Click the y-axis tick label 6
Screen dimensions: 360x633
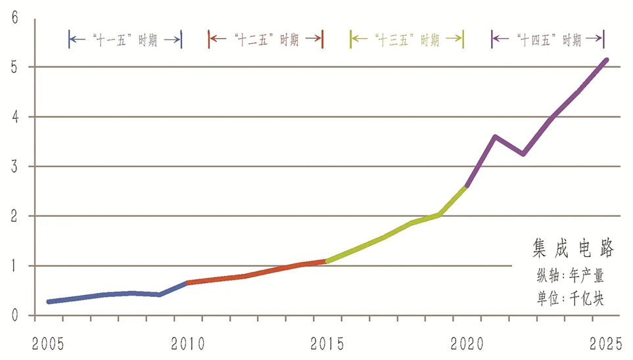(x=14, y=17)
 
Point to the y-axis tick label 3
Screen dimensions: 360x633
(x=14, y=166)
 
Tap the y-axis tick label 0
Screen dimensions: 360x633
(x=14, y=316)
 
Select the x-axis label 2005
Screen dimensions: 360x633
(x=48, y=344)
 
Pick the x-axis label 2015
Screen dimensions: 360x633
(x=327, y=344)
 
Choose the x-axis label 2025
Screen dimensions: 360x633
(x=605, y=344)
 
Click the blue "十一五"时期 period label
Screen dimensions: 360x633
(x=125, y=39)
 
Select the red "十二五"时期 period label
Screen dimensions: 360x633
(x=266, y=39)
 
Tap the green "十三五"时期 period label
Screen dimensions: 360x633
(x=407, y=39)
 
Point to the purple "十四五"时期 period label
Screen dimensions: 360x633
(x=548, y=39)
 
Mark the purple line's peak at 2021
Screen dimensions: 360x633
(x=495, y=137)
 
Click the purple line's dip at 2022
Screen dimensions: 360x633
(x=523, y=154)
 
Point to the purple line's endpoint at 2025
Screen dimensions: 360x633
(x=606, y=60)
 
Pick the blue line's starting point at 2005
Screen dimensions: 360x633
(x=49, y=302)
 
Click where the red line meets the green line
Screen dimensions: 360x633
(x=327, y=261)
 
